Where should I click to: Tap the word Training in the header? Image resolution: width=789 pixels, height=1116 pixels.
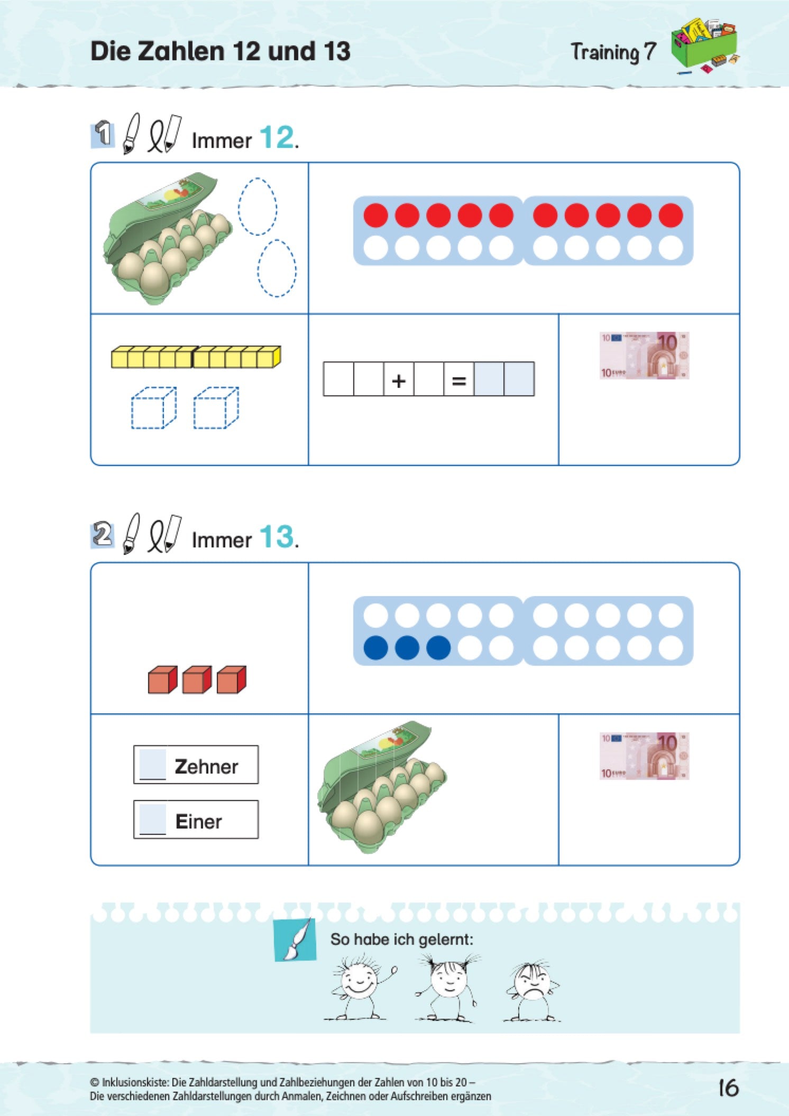click(605, 53)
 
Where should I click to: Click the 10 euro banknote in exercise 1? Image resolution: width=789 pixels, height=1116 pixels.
click(644, 355)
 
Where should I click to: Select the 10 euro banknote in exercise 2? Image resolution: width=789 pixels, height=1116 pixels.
click(644, 756)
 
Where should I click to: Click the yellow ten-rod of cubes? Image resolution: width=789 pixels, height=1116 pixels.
click(196, 357)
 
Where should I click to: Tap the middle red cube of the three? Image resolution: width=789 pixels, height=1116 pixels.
click(197, 680)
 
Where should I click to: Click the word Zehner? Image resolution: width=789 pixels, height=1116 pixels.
click(206, 766)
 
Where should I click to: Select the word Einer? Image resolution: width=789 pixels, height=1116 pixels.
click(198, 822)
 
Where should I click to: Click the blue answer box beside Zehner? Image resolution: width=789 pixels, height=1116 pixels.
click(153, 764)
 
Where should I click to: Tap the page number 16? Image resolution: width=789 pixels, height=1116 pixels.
click(728, 1088)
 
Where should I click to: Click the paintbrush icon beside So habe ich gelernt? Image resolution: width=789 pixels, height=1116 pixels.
click(295, 940)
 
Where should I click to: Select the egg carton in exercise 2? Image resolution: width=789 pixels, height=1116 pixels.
click(382, 786)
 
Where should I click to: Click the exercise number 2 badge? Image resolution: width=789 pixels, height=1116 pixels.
click(103, 534)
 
